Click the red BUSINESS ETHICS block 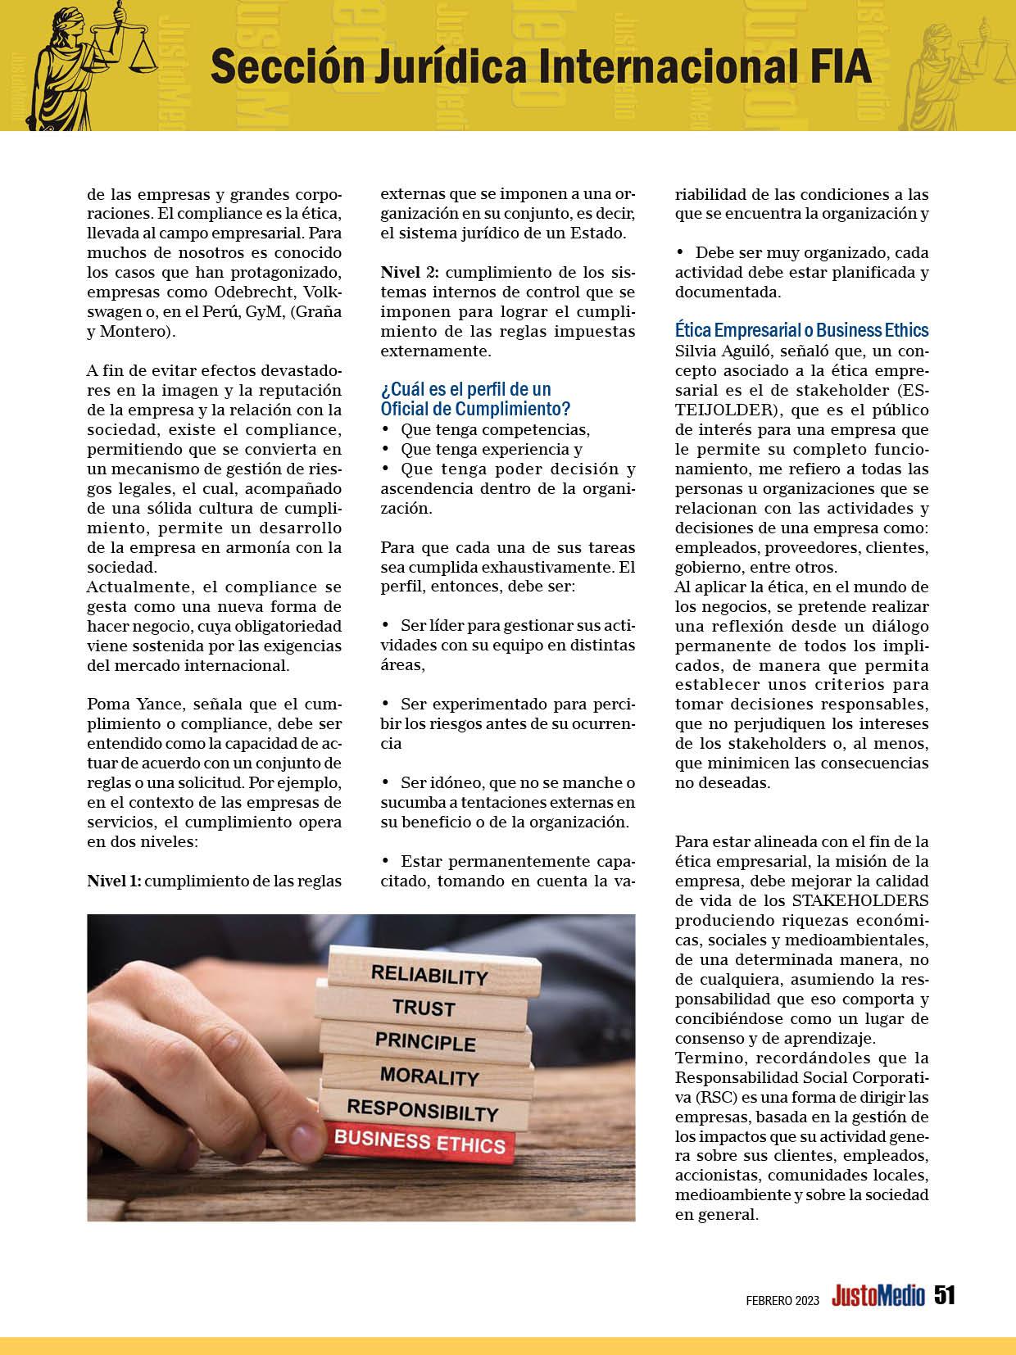click(420, 1141)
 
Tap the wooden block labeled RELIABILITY click(429, 975)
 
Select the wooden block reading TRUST click(423, 1008)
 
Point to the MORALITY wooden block click(429, 1076)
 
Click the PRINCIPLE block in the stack click(424, 1042)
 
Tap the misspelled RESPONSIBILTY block click(422, 1111)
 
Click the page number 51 click(946, 1294)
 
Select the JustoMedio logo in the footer click(878, 1295)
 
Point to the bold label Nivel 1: click(114, 881)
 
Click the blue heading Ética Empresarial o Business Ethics click(801, 330)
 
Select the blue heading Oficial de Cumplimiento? click(475, 408)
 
